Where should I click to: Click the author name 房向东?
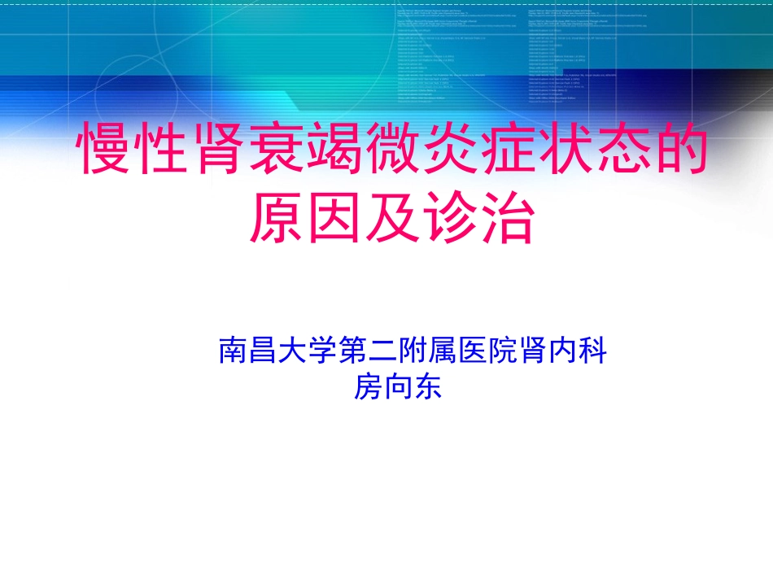pos(396,386)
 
